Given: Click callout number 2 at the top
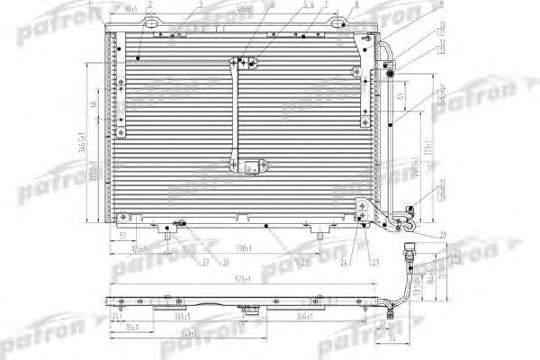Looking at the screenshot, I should click(149, 5).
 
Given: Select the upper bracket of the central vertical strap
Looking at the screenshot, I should click(242, 62).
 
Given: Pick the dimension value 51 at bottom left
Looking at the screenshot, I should click(121, 235).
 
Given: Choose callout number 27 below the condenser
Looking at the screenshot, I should click(205, 263).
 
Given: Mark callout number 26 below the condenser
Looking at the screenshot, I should click(345, 262).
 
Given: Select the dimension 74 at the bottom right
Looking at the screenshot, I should click(393, 339).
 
